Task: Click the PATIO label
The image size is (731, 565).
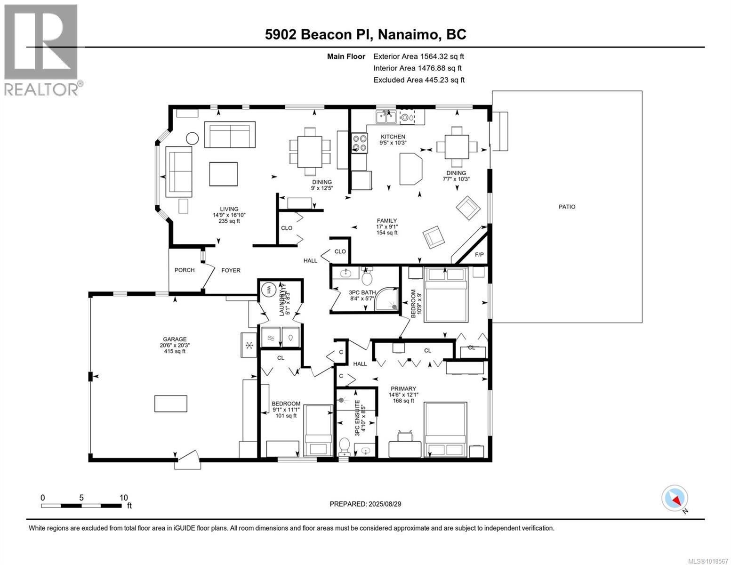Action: pos(567,207)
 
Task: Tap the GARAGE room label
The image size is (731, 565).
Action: pos(175,339)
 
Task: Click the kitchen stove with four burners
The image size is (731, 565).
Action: pos(360,143)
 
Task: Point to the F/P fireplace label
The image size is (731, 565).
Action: pos(479,255)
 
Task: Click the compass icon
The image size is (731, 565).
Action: pos(675,498)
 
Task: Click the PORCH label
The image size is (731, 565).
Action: pos(185,270)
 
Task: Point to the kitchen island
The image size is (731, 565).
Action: pos(411,169)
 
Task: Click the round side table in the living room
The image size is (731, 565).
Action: pos(193,138)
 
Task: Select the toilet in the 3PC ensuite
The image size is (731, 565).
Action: pos(345,445)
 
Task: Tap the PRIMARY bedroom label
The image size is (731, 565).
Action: pos(402,389)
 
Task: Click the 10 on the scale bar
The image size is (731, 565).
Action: pos(124,498)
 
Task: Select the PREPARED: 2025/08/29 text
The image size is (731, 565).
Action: pos(365,504)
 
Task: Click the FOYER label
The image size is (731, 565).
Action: pos(231,270)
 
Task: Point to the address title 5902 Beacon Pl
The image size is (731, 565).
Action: pos(365,34)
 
